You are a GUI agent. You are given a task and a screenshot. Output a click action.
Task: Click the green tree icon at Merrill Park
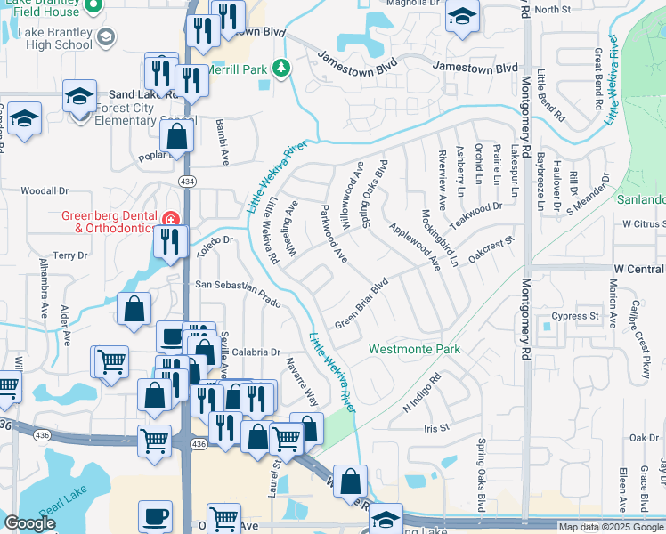click(281, 69)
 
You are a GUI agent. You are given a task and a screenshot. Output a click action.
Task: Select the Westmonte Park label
click(415, 350)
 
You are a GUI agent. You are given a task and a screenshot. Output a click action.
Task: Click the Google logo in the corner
click(29, 524)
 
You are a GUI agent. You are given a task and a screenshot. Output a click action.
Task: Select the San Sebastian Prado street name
click(239, 295)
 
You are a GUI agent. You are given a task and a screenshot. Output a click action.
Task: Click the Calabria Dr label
click(257, 352)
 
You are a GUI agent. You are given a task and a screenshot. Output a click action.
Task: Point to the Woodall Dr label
click(45, 190)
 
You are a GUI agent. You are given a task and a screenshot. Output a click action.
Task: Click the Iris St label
click(438, 428)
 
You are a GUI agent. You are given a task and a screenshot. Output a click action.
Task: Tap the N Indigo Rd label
click(422, 392)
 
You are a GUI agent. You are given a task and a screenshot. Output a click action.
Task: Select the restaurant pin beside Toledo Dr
click(167, 240)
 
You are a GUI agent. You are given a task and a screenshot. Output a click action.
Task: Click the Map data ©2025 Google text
click(610, 527)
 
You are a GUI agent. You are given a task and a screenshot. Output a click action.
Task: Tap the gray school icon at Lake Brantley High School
click(106, 36)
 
